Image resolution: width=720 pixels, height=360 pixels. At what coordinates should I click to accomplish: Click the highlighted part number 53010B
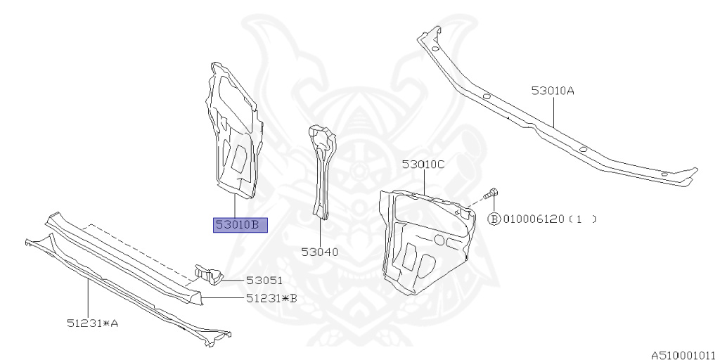click(240, 225)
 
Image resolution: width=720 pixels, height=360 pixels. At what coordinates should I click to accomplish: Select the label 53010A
click(553, 91)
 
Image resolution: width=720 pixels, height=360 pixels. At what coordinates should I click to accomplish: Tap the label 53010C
click(423, 165)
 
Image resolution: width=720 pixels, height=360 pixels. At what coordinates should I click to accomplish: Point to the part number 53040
click(320, 252)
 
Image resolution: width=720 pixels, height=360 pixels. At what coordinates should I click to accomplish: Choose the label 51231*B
click(271, 298)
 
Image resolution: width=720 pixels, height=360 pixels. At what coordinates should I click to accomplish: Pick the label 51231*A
click(93, 323)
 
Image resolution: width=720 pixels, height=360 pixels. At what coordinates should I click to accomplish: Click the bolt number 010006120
click(533, 219)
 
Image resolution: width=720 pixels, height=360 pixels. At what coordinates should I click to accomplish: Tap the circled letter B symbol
click(494, 219)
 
